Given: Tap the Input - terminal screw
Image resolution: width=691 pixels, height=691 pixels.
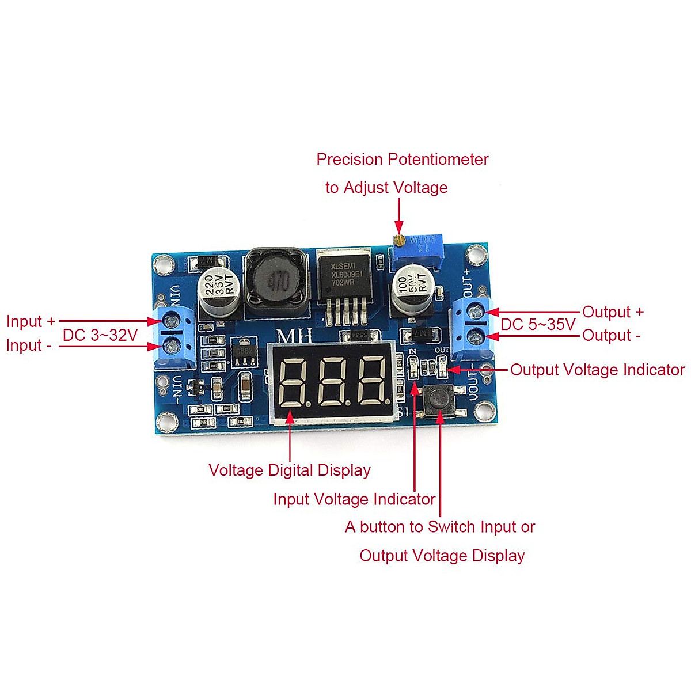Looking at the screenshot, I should click(x=172, y=345).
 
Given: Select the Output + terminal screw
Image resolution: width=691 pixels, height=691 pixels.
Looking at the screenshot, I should click(x=476, y=312).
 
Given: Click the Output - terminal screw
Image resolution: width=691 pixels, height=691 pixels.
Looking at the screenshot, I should click(x=476, y=335).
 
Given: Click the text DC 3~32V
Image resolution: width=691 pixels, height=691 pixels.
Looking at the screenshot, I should click(x=100, y=335).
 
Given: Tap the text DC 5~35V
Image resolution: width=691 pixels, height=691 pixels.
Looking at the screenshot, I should click(x=538, y=324).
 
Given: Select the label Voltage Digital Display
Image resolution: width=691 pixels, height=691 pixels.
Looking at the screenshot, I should click(x=289, y=470).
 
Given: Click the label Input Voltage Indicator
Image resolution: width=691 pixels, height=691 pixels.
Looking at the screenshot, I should click(x=354, y=499).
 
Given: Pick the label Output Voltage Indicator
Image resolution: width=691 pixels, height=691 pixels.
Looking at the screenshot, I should click(x=597, y=370).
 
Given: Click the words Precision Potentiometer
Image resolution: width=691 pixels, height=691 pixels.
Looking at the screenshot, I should click(x=402, y=160).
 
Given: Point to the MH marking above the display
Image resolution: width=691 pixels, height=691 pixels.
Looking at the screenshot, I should click(x=295, y=336).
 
